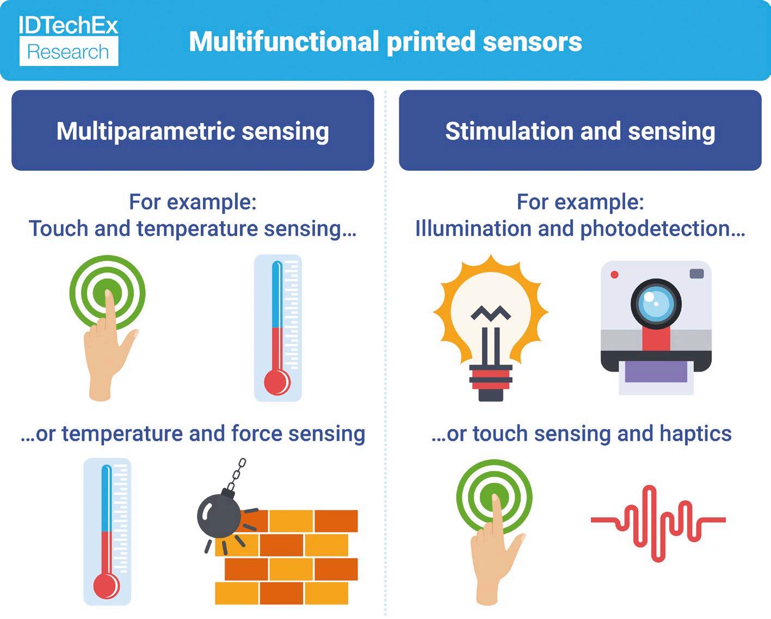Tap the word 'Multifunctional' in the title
[x=283, y=42]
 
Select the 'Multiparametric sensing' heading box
[x=193, y=131]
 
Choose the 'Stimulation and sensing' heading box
[x=580, y=131]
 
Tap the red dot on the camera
[x=614, y=275]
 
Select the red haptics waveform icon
[x=658, y=522]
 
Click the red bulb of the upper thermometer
[x=277, y=382]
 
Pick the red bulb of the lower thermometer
[x=106, y=586]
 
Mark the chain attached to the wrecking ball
[x=236, y=473]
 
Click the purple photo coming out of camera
[x=656, y=372]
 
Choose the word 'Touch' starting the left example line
[x=58, y=228]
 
